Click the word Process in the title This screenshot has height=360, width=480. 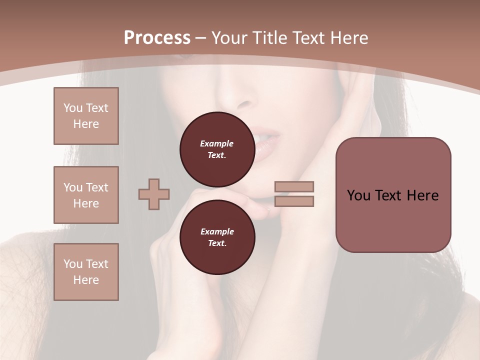coord(157,38)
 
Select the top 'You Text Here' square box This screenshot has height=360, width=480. coord(86,116)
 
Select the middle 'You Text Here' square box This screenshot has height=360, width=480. coord(86,195)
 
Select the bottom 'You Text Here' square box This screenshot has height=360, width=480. coord(86,272)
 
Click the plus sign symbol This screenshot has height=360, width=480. coord(154,194)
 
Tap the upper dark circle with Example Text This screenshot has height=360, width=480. coord(217,149)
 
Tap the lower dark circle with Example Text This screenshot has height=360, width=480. coord(217,237)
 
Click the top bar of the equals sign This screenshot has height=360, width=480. coord(294,186)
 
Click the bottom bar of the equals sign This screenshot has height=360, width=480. coord(294,201)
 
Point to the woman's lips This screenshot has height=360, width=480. coord(268,142)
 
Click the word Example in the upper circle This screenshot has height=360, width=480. coord(217,143)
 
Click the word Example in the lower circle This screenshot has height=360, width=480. coord(217,231)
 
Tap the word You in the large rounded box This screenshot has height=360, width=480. coord(358,195)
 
